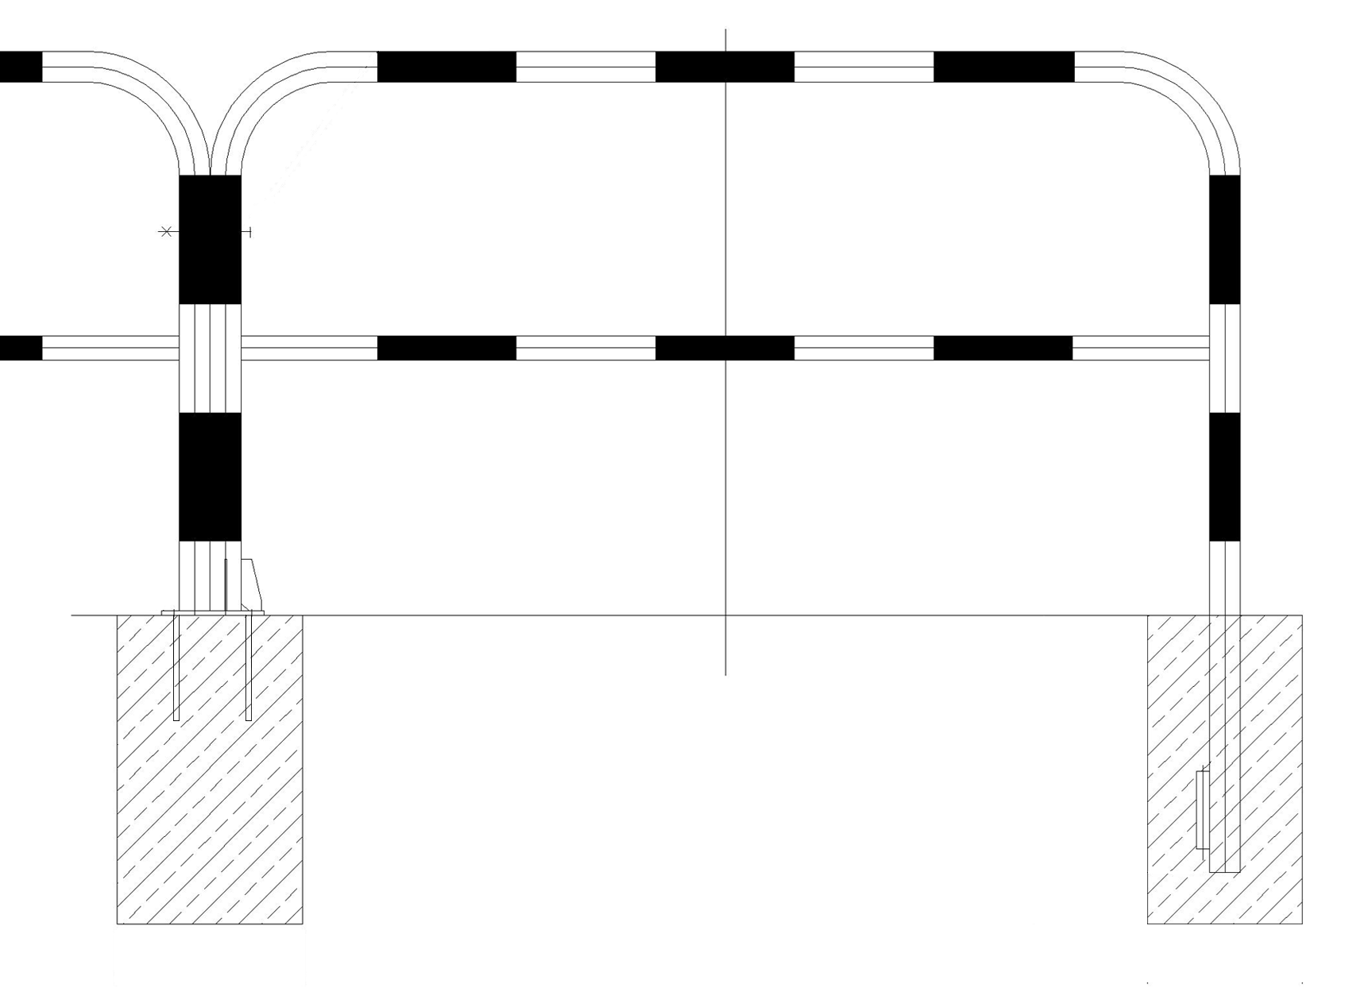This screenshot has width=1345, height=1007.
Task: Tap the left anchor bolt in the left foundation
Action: [x=176, y=667]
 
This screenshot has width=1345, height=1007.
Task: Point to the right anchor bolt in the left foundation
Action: [x=249, y=667]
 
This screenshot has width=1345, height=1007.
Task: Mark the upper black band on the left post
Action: [x=210, y=239]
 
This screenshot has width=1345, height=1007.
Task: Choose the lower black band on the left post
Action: [x=210, y=476]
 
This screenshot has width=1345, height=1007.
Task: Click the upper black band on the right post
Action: [x=1224, y=239]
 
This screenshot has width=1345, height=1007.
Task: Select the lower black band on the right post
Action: [x=1224, y=476]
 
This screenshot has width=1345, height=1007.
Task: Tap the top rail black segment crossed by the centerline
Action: [x=725, y=67]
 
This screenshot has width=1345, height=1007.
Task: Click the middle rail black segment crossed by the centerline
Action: [x=725, y=348]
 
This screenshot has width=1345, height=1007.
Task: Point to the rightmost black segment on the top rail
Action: [x=1003, y=67]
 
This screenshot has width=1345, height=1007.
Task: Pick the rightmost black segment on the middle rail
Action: [x=1003, y=348]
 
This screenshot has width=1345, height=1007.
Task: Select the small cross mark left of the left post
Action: [x=166, y=232]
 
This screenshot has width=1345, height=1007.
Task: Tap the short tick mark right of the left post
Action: [x=250, y=232]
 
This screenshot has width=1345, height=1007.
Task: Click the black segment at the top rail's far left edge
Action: [x=20, y=67]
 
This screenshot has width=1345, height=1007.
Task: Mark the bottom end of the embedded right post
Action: [x=1224, y=870]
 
